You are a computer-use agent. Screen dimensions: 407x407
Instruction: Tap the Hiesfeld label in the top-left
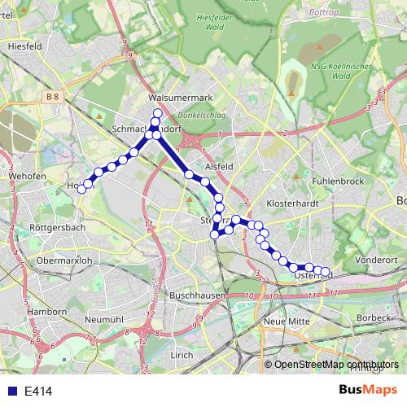pos(24,47)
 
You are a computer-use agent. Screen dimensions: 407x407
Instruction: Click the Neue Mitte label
pos(284,323)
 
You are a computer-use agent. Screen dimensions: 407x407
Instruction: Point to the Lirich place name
pos(182,355)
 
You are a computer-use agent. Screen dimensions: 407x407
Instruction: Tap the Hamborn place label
pos(46,312)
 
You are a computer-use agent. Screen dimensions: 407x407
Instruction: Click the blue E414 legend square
pos(9,392)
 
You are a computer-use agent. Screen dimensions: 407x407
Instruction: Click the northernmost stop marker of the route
pos(157,112)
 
